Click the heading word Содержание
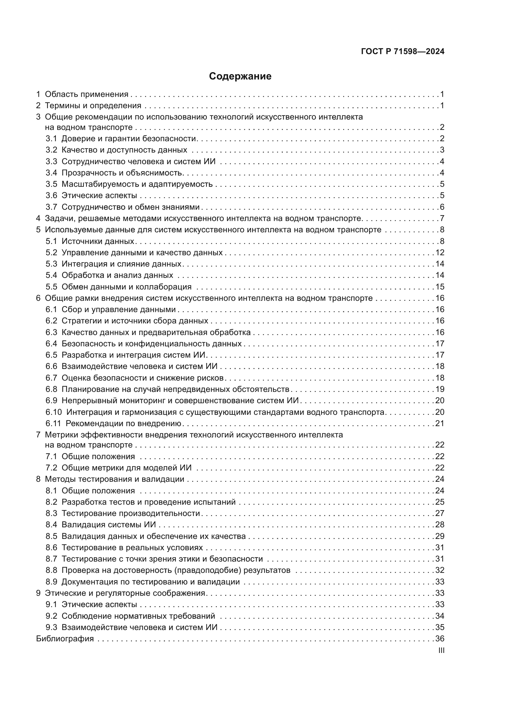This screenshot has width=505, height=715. pos(240,76)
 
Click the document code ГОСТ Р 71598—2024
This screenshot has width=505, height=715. pos(403,52)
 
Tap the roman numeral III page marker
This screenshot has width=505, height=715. pos(441,650)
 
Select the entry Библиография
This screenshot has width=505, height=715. pos(65,639)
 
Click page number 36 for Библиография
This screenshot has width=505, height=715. pos(440,639)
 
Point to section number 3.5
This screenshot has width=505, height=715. pos(51,184)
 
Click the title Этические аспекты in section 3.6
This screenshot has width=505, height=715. pos(99,196)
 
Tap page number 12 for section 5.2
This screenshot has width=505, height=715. pos(440,252)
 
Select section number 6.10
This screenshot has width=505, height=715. pos(54,412)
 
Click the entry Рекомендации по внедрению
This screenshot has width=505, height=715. pos(123,423)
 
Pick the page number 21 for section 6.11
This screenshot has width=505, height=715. pos(440,423)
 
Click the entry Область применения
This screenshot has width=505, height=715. pos(86,94)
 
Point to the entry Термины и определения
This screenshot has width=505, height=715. pos(93,106)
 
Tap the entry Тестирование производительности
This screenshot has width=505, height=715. pos(131,514)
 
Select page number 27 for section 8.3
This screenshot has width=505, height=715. pos(440,514)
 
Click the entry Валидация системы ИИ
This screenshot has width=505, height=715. pos(108,525)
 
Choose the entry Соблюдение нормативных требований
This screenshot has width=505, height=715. pos(138,616)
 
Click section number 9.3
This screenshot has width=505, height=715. pos(51,627)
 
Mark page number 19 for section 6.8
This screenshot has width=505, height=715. pos(440,389)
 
